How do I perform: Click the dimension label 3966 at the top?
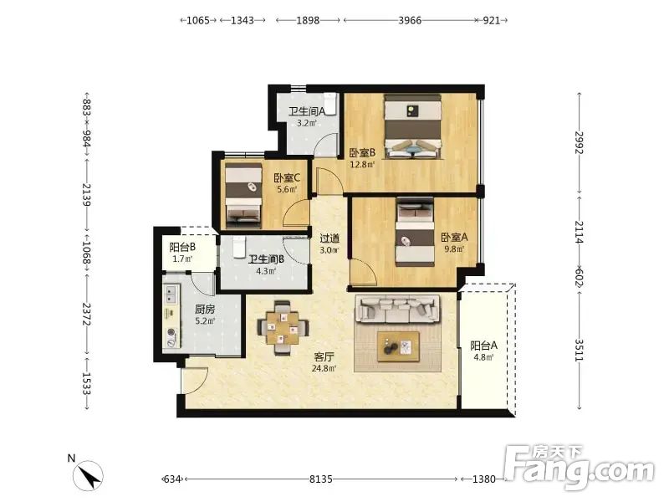(410, 20)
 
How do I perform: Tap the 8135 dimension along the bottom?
(321, 479)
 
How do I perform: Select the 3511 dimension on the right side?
(579, 350)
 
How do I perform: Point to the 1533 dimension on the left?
(87, 384)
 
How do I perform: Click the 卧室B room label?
(362, 152)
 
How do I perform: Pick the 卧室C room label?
(287, 177)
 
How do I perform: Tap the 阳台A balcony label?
(484, 346)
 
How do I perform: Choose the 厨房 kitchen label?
(205, 309)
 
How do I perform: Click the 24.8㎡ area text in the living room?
(324, 368)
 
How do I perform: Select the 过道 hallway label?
(329, 238)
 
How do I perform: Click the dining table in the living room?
(283, 328)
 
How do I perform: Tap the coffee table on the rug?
(398, 346)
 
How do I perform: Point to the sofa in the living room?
(398, 310)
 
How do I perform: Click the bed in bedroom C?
(243, 195)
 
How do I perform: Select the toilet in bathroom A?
(330, 103)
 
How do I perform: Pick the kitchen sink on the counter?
(171, 294)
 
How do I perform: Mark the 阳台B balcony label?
(182, 247)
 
